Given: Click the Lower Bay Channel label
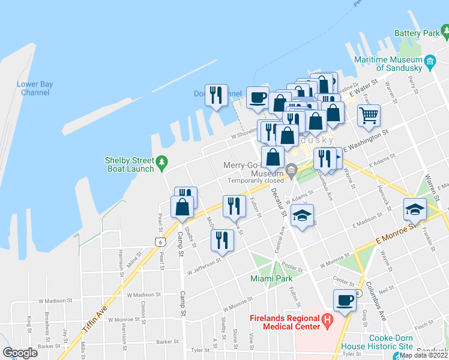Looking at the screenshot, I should [35, 88].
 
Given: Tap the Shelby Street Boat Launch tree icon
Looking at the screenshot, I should [161, 162].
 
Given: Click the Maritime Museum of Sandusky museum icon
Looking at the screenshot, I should [429, 61].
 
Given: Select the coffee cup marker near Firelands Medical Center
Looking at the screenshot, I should [345, 299].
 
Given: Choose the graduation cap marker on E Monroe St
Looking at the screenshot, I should [414, 209].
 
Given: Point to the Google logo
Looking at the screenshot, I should [20, 353].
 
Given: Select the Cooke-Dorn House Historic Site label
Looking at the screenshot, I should [376, 342].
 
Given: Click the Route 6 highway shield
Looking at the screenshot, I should [159, 241].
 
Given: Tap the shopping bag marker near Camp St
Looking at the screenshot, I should [182, 206].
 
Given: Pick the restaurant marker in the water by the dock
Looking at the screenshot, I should [216, 95].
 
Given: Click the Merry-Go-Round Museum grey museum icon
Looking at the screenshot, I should [292, 170].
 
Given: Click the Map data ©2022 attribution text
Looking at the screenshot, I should [423, 355].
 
